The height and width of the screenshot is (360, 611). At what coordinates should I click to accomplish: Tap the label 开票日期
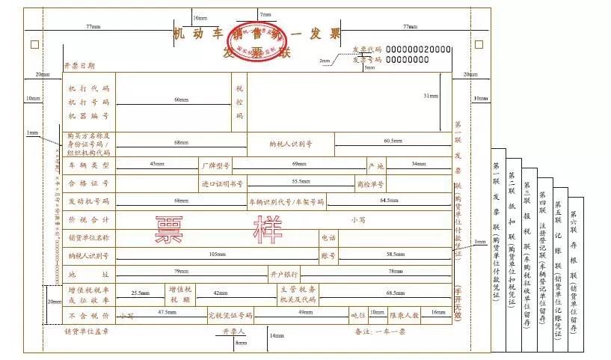[x=79, y=67]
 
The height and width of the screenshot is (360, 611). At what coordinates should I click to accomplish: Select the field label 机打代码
[x=89, y=88]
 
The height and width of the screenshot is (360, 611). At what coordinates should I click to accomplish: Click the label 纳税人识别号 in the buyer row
[x=291, y=142]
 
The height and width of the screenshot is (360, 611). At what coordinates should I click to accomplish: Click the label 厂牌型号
[x=215, y=164]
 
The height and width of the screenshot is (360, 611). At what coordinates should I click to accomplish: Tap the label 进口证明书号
[x=222, y=183]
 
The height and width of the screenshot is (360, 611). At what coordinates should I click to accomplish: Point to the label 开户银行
[x=284, y=274]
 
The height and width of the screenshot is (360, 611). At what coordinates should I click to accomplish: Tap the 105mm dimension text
[x=217, y=255]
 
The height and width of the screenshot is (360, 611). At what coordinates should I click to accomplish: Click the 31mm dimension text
[x=431, y=96]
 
